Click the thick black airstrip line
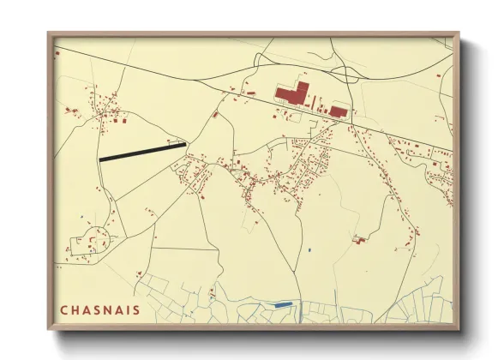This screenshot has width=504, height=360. click(142, 152)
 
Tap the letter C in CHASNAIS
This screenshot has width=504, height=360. click(63, 309)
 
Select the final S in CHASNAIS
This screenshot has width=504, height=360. click(137, 309)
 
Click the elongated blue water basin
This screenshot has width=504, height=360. click(282, 304)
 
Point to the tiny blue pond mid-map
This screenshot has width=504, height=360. click(308, 249)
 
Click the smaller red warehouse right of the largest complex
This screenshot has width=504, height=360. click(339, 111)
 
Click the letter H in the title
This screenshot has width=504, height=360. click(75, 309)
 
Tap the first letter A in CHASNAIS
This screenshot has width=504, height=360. click(86, 309)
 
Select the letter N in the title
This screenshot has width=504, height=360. click(107, 309)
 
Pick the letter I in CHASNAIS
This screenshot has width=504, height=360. click(128, 309)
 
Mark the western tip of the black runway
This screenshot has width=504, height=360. click(101, 159)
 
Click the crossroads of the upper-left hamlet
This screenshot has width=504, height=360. click(105, 111)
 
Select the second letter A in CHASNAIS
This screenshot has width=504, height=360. click(118, 309)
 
